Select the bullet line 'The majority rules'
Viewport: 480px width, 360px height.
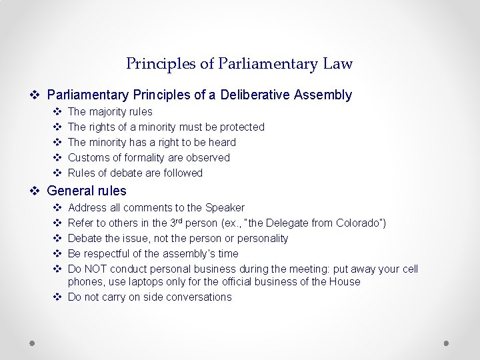[x=110, y=112]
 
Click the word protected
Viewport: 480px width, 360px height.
[x=240, y=127]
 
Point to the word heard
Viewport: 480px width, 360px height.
[x=222, y=143]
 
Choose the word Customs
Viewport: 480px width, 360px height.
[x=89, y=158]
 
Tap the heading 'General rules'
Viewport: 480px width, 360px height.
[x=87, y=191]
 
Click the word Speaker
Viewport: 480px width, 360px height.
[x=225, y=208]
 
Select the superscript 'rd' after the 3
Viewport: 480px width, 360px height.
[x=193, y=220]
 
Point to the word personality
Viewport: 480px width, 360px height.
[x=258, y=239]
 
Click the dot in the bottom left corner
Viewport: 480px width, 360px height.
[x=33, y=343]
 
